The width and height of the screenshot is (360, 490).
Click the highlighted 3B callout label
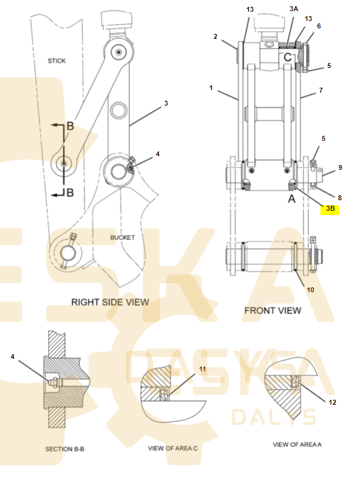click(330, 209)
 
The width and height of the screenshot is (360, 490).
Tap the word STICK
click(57, 61)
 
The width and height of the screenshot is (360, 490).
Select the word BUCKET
click(122, 237)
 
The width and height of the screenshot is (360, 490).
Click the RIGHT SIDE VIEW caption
click(110, 302)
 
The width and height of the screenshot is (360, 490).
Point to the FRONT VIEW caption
click(272, 311)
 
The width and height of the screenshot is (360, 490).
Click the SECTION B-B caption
click(65, 449)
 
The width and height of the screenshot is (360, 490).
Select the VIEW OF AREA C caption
click(173, 449)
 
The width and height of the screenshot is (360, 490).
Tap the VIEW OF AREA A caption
click(297, 444)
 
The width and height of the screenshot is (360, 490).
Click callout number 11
click(203, 369)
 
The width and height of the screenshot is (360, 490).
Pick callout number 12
click(333, 402)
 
